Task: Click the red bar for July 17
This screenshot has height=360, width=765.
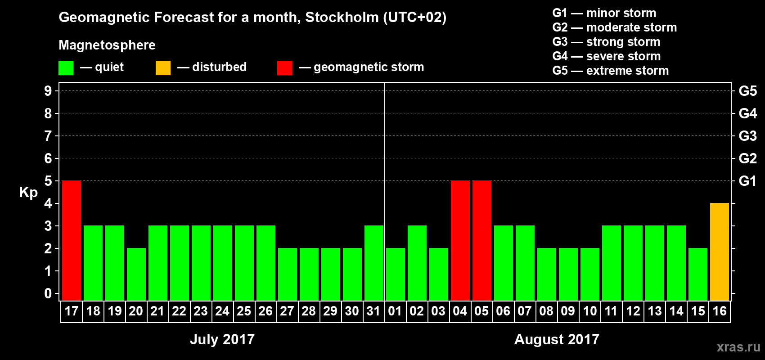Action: (72, 240)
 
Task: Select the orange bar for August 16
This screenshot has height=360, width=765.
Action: (720, 252)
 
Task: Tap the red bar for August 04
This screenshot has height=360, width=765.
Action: (460, 240)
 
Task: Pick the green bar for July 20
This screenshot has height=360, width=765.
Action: (136, 274)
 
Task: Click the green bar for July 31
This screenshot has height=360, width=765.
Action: (374, 263)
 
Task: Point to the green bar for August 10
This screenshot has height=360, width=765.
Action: (590, 274)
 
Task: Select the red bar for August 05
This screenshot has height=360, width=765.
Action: (482, 240)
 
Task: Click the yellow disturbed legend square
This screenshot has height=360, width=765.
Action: (163, 68)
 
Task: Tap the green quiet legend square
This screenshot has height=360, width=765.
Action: (66, 68)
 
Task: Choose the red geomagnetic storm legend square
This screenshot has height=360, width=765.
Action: (284, 68)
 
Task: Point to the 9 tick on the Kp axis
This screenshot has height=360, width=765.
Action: (48, 91)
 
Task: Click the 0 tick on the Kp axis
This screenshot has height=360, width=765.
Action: (48, 294)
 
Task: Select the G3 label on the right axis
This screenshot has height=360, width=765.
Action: (747, 136)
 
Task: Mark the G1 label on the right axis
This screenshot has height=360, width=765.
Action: (747, 181)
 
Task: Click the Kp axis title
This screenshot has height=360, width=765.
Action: (28, 193)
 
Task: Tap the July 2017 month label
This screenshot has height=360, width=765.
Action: (222, 339)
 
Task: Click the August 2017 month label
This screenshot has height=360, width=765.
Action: (557, 339)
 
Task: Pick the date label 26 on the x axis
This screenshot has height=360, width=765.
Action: (265, 311)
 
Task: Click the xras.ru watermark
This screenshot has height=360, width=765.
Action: (738, 347)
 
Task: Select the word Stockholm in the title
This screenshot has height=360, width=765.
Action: (342, 18)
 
